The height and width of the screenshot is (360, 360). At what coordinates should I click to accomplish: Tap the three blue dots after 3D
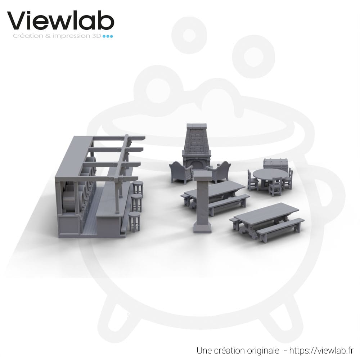(x=108, y=36)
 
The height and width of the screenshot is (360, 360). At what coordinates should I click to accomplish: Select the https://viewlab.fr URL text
(x=321, y=350)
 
